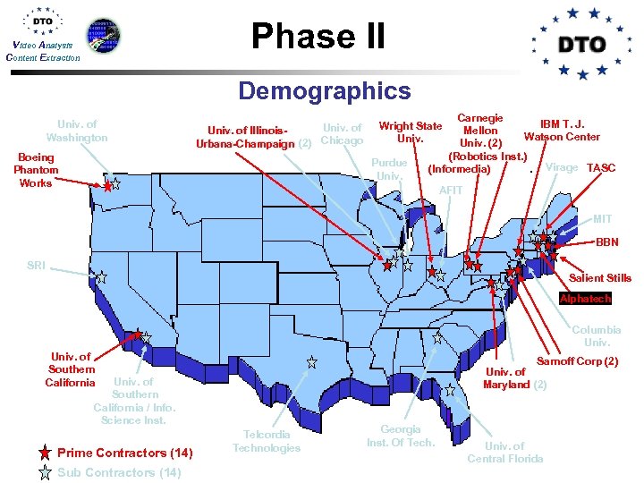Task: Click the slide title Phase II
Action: click(x=318, y=36)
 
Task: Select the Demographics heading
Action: click(x=324, y=90)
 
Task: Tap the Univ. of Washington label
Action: click(x=77, y=131)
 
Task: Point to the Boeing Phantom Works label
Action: click(x=36, y=170)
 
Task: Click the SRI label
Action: click(x=36, y=266)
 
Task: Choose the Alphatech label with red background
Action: click(x=585, y=299)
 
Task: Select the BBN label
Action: click(x=606, y=242)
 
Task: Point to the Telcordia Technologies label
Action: click(x=267, y=441)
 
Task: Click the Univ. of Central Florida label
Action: click(x=505, y=452)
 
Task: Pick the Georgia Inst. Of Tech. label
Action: click(x=401, y=436)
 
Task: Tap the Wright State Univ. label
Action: click(x=411, y=132)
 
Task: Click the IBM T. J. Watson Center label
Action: click(x=562, y=130)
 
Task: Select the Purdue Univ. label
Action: click(x=391, y=170)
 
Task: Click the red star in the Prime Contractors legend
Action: click(x=46, y=453)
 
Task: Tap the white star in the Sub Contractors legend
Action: click(x=46, y=473)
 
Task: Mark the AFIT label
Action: click(x=452, y=191)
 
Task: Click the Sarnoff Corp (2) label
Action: click(x=577, y=361)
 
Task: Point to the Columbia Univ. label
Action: click(x=597, y=335)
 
